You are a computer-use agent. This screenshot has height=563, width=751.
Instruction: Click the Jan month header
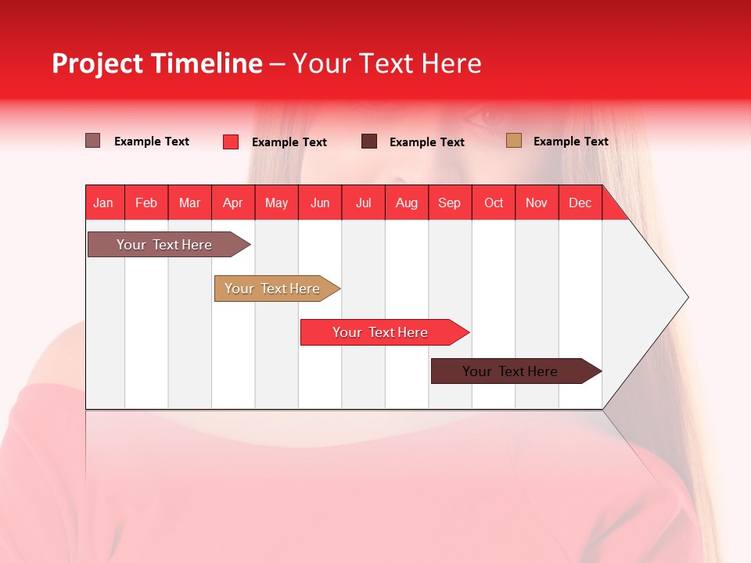(104, 203)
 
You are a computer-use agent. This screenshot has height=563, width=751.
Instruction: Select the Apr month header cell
(233, 203)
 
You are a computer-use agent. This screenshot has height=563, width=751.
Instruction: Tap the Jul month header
(363, 203)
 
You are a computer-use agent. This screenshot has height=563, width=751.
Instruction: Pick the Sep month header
(450, 203)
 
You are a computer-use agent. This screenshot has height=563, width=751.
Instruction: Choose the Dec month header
(580, 203)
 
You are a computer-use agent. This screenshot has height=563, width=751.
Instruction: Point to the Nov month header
(537, 203)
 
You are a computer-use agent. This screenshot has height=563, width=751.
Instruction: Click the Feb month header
(146, 203)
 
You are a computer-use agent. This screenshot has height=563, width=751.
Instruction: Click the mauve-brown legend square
(92, 141)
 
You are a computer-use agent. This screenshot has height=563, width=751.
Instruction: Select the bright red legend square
(230, 142)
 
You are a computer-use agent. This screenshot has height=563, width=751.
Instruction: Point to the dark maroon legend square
(369, 142)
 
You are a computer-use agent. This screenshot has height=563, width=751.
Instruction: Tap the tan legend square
(513, 141)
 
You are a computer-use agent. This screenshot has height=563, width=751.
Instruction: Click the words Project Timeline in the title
(157, 63)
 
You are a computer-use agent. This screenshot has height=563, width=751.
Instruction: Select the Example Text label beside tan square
(570, 141)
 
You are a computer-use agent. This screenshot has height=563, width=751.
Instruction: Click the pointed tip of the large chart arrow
(686, 297)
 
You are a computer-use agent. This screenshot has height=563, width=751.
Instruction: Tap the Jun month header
(320, 203)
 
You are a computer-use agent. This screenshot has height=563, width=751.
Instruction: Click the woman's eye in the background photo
(490, 117)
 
